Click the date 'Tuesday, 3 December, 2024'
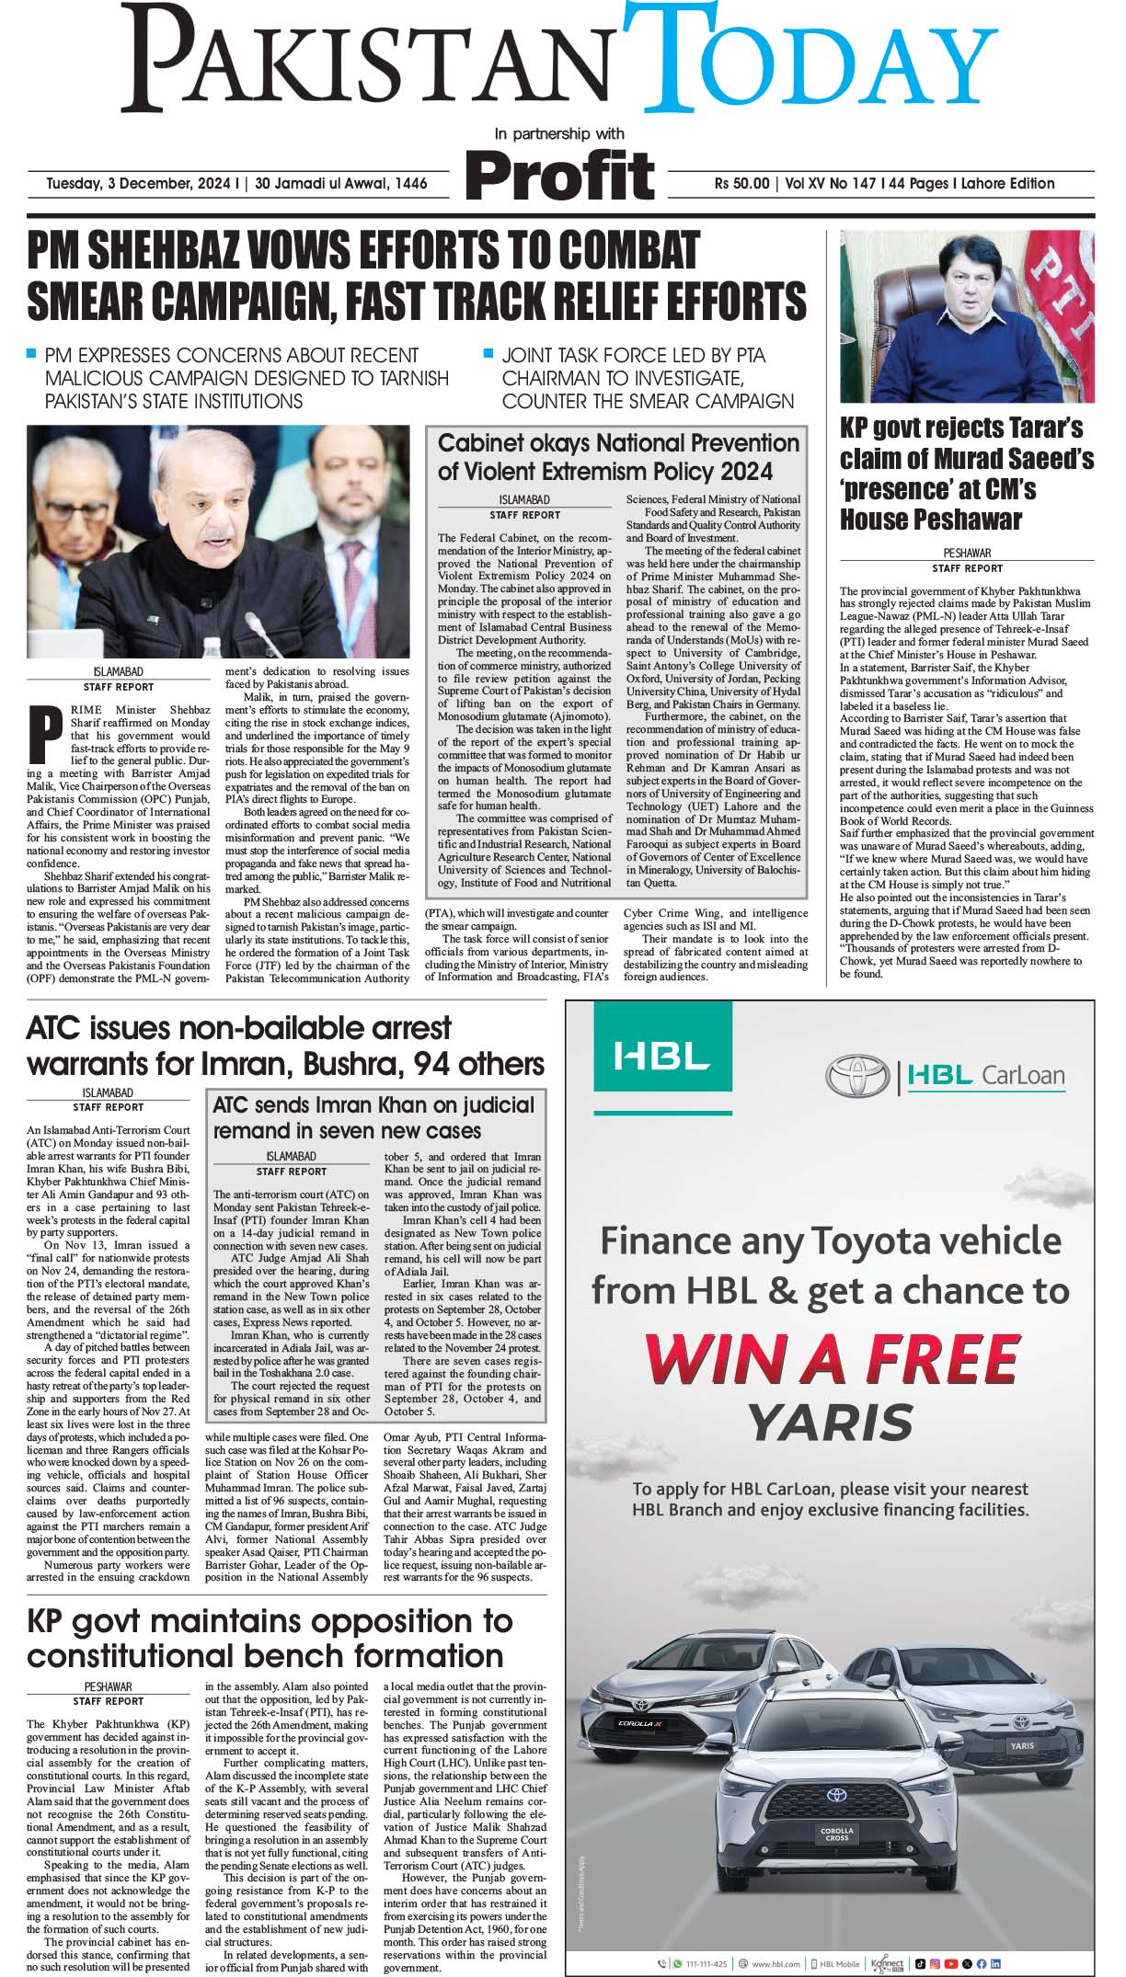coord(144,183)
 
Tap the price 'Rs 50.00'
coord(741,183)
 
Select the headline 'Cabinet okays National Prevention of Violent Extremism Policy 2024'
coord(618,457)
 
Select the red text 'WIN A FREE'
coord(833,1357)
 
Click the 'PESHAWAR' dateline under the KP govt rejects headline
coord(967,553)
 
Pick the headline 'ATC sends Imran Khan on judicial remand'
coord(373,1116)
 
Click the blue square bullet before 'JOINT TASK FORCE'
coord(488,352)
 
